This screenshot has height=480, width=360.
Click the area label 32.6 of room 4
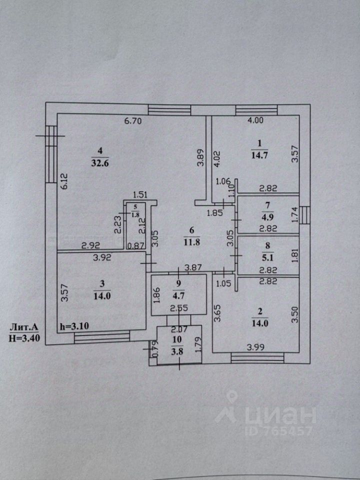[x=98, y=161]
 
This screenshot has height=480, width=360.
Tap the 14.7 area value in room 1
[x=257, y=154]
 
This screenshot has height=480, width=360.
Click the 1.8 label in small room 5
[x=135, y=215]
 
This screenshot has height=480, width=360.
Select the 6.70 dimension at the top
[x=133, y=120]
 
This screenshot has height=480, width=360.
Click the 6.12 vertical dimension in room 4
[x=63, y=180]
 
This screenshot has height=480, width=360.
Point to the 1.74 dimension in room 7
[x=294, y=215]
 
